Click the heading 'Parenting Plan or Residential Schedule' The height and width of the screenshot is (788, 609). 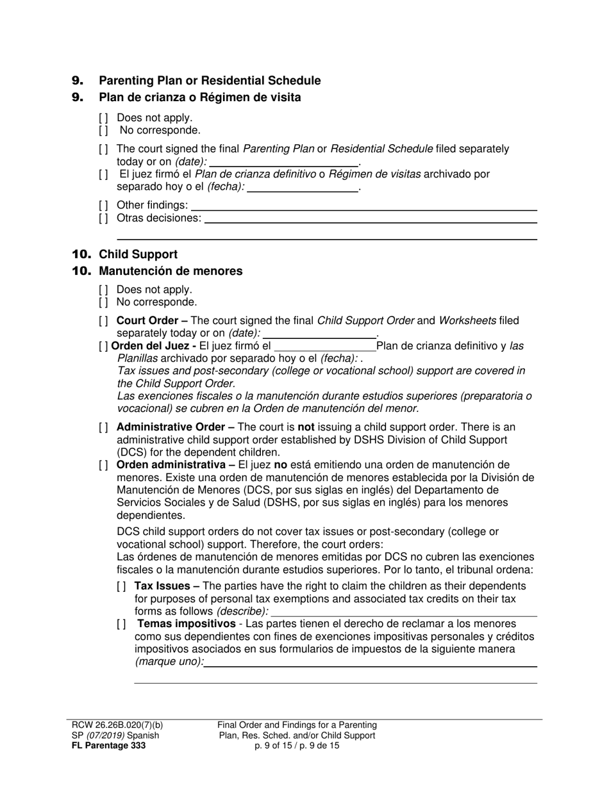pos(210,81)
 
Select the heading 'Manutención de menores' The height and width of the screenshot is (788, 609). pos(171,271)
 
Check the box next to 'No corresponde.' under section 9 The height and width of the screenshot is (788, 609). pos(103,131)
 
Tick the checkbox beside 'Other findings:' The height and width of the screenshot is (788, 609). pos(103,205)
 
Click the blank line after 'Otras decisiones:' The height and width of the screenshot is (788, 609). pos(370,219)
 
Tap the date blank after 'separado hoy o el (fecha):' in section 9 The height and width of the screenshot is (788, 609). pos(303,188)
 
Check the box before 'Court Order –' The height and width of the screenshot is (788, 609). pos(103,320)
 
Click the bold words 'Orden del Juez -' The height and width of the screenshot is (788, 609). pos(154,347)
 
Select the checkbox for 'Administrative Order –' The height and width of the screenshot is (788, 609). pos(103,427)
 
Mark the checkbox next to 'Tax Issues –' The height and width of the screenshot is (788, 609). pos(121,586)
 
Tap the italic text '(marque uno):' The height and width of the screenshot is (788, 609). pos(169,662)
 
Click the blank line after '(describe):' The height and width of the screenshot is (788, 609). pos(404,612)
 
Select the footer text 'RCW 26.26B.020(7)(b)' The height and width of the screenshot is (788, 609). pos(117,725)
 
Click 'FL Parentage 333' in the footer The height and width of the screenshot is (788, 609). pos(108,746)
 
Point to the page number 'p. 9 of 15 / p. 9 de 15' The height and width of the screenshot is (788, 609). pos(297,746)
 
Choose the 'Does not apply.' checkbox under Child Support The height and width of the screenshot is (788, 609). pos(103,290)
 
